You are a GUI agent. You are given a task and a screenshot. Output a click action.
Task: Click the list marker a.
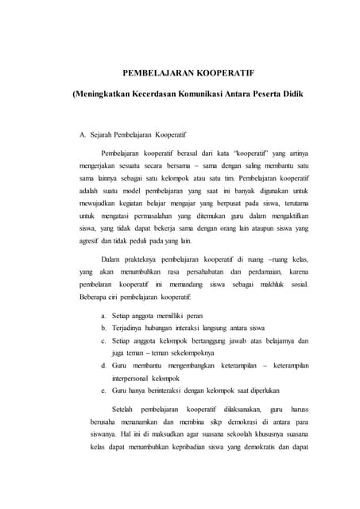coord(103,317)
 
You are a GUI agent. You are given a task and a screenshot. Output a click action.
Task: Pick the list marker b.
coord(103,329)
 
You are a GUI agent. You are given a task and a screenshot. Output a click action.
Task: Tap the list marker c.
coord(103,341)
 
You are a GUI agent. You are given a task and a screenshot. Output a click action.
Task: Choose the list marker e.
coord(103,390)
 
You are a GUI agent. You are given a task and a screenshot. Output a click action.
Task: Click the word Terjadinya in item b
coord(131,329)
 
